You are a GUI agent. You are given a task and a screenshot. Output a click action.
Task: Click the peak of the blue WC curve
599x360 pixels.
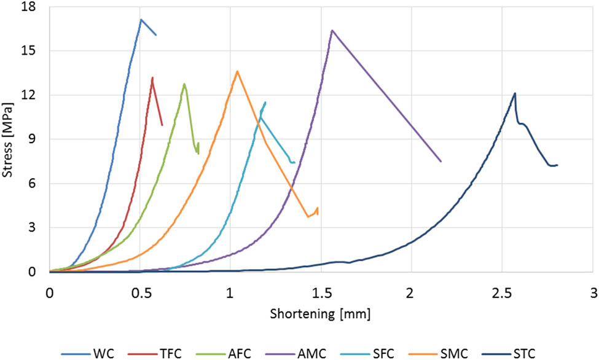pos(141,20)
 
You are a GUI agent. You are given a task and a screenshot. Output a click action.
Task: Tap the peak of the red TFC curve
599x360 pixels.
pos(152,77)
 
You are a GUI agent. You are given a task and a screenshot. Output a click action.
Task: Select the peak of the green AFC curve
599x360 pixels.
pos(184,84)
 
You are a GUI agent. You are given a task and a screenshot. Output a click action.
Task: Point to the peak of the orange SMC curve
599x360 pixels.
pos(237,71)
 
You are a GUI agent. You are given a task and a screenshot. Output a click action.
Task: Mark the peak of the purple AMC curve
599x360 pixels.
pos(332,30)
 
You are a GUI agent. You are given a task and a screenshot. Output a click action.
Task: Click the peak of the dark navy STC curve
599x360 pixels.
pos(515,93)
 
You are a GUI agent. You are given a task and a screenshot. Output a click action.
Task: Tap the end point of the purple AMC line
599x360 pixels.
pos(441,162)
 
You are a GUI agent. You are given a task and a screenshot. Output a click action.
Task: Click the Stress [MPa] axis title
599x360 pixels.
pos(8,138)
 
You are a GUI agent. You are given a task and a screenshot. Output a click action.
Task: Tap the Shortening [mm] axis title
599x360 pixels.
pos(320,314)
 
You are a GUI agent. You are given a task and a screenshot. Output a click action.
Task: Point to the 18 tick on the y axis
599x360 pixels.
pos(29,7)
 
